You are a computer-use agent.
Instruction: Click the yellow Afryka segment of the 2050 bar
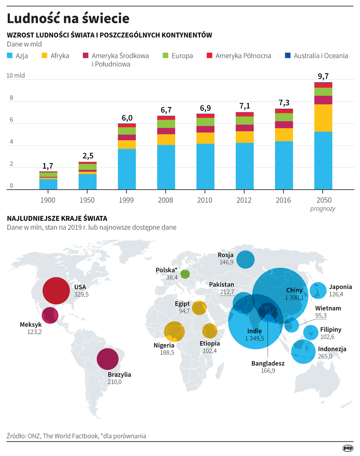pos(323,118)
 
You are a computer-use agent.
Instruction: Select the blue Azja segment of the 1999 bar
pos(127,169)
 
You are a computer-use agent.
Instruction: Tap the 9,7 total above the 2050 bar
pos(323,76)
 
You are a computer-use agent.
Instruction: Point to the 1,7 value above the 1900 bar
pos(48,166)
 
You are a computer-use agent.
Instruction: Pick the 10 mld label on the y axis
pos(16,76)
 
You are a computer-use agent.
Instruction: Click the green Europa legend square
pos(165,56)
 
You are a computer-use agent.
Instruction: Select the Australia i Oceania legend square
pos(288,56)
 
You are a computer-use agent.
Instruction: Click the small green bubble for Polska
pos(185,273)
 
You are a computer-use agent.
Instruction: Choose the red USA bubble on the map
pos(56,291)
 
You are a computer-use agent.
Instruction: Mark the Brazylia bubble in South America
pos(108,360)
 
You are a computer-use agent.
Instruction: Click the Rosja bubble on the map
pos(245,259)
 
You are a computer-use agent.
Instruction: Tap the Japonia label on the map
pos(340,287)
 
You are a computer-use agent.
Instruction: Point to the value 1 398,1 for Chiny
pos(294,297)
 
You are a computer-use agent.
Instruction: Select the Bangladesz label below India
pos(268,363)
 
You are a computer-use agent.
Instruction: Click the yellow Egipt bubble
pos(199,308)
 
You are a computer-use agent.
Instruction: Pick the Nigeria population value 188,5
pos(165,353)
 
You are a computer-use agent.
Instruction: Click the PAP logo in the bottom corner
pos(347,447)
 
